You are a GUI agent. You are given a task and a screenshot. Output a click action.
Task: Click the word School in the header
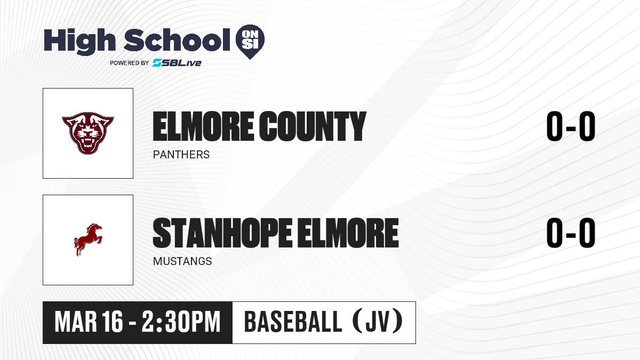pyautogui.click(x=177, y=39)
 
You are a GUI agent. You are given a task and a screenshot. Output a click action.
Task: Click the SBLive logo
pyautogui.click(x=177, y=62)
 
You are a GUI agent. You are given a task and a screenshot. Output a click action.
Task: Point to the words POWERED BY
pyautogui.click(x=130, y=63)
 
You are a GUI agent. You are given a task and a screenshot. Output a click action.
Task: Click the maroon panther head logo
pyautogui.click(x=88, y=133)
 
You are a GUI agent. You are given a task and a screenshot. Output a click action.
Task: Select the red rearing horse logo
pyautogui.click(x=88, y=239)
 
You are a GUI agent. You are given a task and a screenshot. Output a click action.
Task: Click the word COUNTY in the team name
pyautogui.click(x=313, y=126)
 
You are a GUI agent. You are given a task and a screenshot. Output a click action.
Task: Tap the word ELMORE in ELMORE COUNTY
pyautogui.click(x=203, y=126)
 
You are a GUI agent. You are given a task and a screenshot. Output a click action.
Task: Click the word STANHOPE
pyautogui.click(x=222, y=233)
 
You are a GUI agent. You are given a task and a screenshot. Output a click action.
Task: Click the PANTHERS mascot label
pyautogui.click(x=181, y=155)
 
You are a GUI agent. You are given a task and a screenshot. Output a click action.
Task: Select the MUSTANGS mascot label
pyautogui.click(x=182, y=261)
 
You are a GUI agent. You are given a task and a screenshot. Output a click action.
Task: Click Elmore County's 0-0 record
pyautogui.click(x=571, y=126)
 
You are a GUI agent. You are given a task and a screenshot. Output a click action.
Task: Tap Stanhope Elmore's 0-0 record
pyautogui.click(x=571, y=233)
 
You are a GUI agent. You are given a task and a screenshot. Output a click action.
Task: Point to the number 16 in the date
pyautogui.click(x=113, y=322)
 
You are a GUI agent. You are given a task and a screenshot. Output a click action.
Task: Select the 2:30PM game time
pyautogui.click(x=181, y=322)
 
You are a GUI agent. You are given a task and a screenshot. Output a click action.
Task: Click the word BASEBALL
pyautogui.click(x=293, y=322)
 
